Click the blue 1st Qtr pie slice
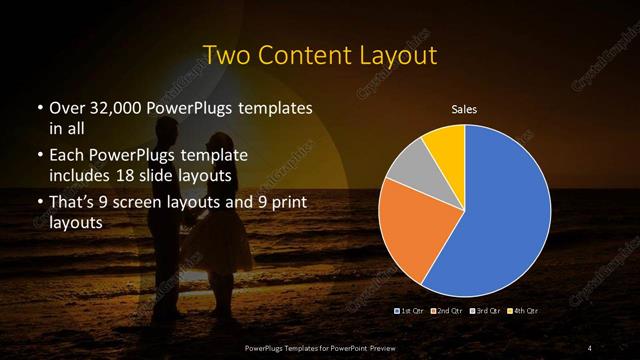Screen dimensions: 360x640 (500, 210)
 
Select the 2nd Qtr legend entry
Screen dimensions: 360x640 (446, 312)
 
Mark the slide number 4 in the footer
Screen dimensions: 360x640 (589, 347)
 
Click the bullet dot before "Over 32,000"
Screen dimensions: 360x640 (39, 108)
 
